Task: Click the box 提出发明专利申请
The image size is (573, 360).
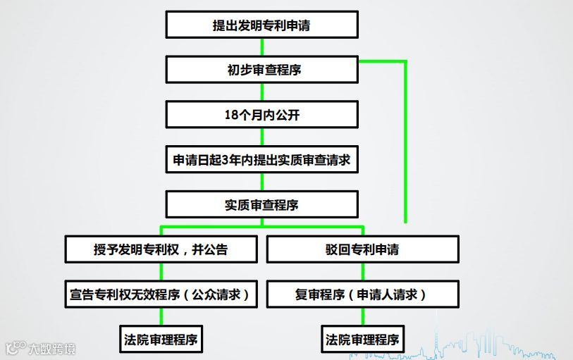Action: (x=262, y=25)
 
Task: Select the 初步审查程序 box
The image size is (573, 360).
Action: (x=262, y=70)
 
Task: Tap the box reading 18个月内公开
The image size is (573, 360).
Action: (x=262, y=115)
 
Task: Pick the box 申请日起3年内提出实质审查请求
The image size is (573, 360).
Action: (x=262, y=159)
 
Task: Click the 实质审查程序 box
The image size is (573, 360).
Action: (x=262, y=204)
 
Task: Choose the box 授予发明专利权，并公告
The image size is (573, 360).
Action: (x=161, y=249)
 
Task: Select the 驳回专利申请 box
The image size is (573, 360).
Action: (x=363, y=249)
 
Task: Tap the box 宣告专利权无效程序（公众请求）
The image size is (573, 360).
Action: (x=161, y=294)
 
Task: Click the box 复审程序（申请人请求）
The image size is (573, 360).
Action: (x=363, y=294)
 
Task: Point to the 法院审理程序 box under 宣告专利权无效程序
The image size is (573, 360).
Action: (x=161, y=340)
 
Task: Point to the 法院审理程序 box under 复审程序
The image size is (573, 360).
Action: (x=363, y=340)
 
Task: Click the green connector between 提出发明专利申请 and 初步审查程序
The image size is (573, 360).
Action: (x=262, y=47)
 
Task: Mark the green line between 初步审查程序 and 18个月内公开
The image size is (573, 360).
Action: (x=262, y=92)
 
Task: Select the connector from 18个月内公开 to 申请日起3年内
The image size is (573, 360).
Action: (x=262, y=137)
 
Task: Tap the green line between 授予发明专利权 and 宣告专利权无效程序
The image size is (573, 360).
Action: (x=161, y=272)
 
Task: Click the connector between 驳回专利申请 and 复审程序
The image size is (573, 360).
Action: (x=363, y=272)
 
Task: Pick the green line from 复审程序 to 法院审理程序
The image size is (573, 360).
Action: (x=363, y=316)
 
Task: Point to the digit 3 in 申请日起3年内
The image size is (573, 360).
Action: (x=226, y=160)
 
